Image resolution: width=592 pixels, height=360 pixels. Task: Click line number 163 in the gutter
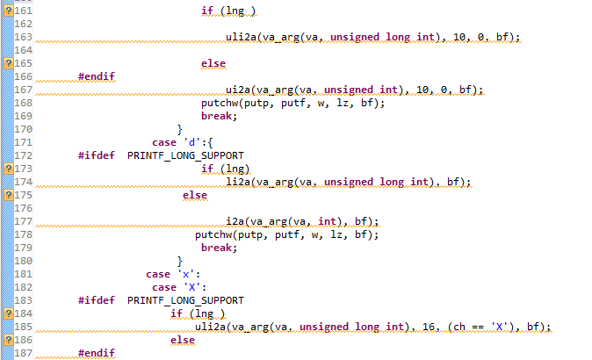(x=24, y=37)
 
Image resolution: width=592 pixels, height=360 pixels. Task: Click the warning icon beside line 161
(x=8, y=11)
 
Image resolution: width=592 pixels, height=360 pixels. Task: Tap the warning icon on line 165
(x=8, y=63)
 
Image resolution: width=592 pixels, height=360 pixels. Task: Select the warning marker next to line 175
(x=8, y=195)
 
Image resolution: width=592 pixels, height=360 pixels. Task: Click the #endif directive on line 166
(x=96, y=76)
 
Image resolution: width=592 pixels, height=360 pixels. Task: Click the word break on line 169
(x=218, y=116)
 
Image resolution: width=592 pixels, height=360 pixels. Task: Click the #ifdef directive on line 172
(x=96, y=155)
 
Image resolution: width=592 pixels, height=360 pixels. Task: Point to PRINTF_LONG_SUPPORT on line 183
(x=185, y=300)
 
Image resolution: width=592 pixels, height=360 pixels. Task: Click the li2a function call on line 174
(x=237, y=182)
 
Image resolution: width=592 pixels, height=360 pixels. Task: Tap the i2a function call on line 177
(x=235, y=221)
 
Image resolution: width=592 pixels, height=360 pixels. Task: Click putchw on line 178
(x=213, y=234)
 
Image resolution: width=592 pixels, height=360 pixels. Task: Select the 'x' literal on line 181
(x=184, y=274)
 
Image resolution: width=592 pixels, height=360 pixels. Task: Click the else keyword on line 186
(x=183, y=340)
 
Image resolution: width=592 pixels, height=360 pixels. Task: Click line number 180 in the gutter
(x=24, y=261)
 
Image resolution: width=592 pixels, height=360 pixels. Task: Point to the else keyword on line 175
(x=194, y=195)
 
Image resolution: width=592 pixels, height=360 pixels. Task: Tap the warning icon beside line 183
(x=8, y=300)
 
